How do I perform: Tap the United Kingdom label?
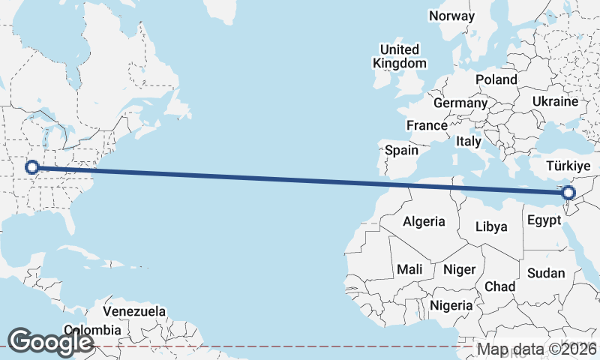click(x=400, y=56)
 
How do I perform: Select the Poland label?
click(x=496, y=79)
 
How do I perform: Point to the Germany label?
click(x=460, y=103)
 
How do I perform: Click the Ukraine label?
click(x=555, y=101)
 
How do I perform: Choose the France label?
click(x=427, y=125)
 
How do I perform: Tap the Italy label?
click(x=469, y=141)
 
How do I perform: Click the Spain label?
click(x=401, y=150)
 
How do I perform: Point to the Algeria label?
click(x=424, y=221)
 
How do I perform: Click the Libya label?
click(x=492, y=226)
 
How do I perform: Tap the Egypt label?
click(x=544, y=220)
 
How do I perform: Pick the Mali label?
click(x=409, y=268)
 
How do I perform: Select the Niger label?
click(x=458, y=268)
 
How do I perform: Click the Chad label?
click(x=500, y=286)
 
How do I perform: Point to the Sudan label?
click(x=545, y=273)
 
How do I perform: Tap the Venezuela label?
click(x=134, y=310)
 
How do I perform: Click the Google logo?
click(x=49, y=341)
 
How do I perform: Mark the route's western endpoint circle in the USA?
click(x=31, y=167)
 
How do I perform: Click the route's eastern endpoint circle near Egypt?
click(x=568, y=193)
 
